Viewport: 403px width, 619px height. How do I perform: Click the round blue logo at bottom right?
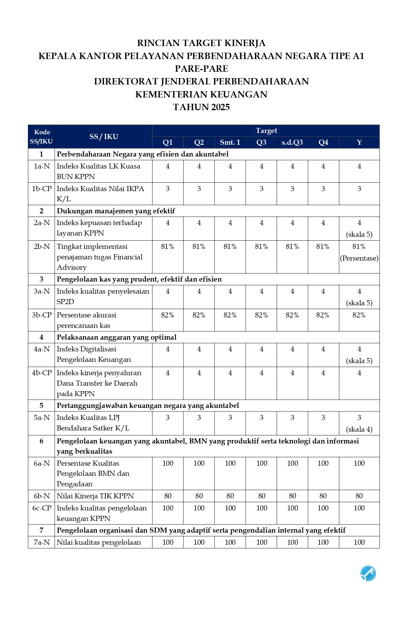point(368,573)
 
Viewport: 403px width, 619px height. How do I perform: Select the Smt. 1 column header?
point(230,142)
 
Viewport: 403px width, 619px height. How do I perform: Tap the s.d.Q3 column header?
point(292,142)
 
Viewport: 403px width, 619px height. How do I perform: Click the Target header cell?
point(266,130)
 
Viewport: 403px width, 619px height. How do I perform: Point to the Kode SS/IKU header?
point(41,136)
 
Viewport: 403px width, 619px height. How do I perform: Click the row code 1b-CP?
point(42,189)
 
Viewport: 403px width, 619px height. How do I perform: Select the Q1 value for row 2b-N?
point(168,246)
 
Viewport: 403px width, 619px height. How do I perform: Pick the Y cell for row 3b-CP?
point(359,315)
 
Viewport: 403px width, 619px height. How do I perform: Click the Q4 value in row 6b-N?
point(323,496)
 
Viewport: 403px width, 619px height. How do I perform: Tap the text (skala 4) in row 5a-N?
point(359,429)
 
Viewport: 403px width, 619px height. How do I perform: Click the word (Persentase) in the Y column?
point(359,258)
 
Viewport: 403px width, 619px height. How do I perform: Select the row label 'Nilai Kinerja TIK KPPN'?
point(95,496)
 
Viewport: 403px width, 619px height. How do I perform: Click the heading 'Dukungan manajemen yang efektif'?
point(116,211)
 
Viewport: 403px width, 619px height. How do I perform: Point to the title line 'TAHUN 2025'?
point(201,107)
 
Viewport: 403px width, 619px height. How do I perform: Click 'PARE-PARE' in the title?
point(201,69)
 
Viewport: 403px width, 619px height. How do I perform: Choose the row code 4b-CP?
point(42,373)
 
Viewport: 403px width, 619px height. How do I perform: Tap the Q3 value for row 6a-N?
point(261,463)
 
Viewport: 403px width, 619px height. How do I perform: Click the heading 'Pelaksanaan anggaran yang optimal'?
point(116,337)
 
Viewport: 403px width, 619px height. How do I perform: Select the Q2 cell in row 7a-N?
point(199,542)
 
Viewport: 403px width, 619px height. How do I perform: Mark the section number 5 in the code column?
point(41,405)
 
